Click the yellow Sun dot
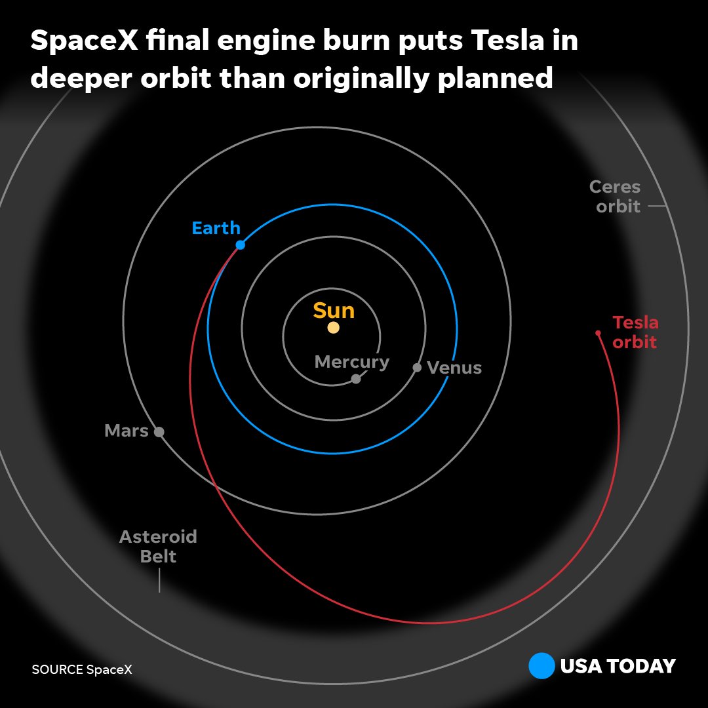[333, 328]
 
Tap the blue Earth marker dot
[240, 245]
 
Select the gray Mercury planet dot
[356, 379]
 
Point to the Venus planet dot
[417, 367]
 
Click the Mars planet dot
[159, 431]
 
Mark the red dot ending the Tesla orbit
[598, 333]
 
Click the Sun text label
[334, 311]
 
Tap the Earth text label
[216, 228]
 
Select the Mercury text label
[352, 362]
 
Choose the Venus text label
[454, 368]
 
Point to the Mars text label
[127, 431]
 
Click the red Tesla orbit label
[635, 332]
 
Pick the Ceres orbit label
[615, 196]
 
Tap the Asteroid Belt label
[158, 547]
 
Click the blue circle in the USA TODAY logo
[541, 667]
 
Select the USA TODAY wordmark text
[618, 667]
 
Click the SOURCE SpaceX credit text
[82, 669]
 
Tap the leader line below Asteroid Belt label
[159, 580]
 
